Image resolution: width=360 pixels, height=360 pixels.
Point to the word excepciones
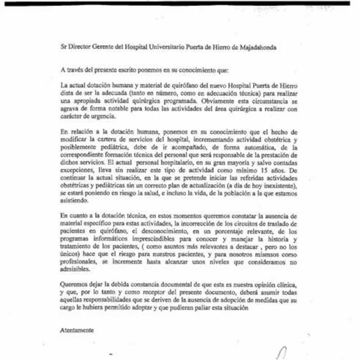[79, 171]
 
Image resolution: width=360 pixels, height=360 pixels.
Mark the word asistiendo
[74, 202]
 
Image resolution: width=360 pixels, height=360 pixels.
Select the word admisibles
[74, 270]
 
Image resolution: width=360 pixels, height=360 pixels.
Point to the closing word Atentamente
[77, 330]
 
